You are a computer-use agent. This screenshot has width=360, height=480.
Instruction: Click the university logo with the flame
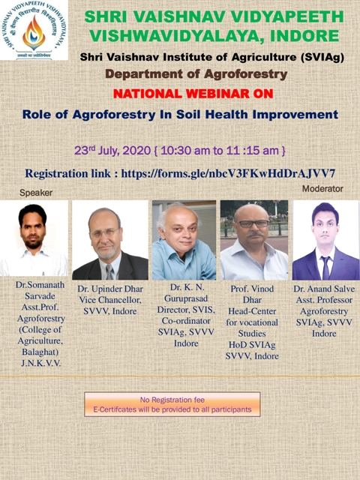click(34, 30)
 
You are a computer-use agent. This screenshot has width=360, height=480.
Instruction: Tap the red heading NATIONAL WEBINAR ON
click(193, 94)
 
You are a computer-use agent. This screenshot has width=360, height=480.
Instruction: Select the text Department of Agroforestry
click(196, 74)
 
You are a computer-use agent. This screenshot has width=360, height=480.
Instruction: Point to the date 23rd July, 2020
click(112, 150)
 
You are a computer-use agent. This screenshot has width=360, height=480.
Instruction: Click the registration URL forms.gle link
click(228, 173)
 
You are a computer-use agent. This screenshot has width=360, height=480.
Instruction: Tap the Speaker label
click(36, 193)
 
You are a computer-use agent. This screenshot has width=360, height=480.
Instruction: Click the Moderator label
click(322, 189)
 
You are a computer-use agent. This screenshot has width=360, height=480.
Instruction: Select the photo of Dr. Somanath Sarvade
click(34, 238)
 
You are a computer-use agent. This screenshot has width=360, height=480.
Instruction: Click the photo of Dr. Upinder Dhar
click(110, 240)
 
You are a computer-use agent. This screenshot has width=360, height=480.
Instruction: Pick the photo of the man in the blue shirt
click(184, 240)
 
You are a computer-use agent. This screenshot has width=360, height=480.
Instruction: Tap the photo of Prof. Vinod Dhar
click(254, 240)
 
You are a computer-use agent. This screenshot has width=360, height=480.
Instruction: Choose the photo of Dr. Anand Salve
click(326, 240)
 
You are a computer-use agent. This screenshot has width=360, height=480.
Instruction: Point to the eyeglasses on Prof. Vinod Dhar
click(253, 223)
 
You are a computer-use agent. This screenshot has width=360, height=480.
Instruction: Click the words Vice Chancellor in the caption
click(110, 300)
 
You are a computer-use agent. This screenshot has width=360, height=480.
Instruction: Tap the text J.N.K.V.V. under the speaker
click(41, 363)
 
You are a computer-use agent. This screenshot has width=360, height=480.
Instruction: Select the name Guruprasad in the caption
click(186, 298)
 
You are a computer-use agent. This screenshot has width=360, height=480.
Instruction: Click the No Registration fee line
click(172, 400)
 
